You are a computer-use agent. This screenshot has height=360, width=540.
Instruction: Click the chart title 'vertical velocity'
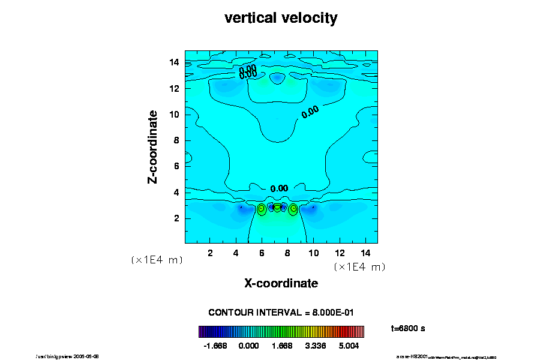point(281,18)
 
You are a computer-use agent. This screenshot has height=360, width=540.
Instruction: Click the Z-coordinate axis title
point(153,146)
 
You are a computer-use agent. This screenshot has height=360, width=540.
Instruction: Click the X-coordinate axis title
point(281,283)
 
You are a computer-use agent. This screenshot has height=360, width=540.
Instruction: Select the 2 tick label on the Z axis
point(177,218)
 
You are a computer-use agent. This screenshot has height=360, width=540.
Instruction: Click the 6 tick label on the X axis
point(262,253)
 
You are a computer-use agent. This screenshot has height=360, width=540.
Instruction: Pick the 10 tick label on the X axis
point(313,253)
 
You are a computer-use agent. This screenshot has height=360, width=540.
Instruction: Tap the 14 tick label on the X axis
point(365,253)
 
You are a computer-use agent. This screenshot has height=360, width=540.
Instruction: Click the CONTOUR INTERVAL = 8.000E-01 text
point(281,313)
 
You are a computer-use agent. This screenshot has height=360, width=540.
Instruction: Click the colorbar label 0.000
point(248,346)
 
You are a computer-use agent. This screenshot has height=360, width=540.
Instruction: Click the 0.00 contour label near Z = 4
point(279,188)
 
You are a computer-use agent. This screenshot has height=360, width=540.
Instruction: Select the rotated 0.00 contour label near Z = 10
point(310,112)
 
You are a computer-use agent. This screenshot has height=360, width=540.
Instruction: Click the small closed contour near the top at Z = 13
point(277,78)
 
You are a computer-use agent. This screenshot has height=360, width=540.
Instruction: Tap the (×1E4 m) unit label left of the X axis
point(157,260)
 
